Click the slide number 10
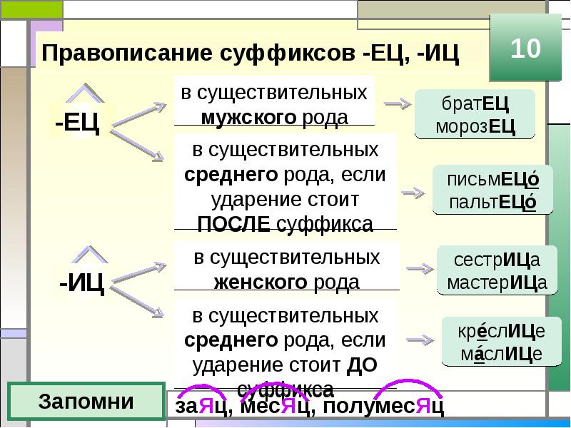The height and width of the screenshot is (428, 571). [525, 48]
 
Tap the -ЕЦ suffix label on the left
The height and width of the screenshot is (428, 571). [77, 122]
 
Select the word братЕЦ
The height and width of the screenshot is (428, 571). [475, 103]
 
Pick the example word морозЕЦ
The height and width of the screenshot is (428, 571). [475, 127]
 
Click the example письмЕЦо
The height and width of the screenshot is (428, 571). [492, 180]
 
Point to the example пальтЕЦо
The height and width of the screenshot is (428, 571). [492, 202]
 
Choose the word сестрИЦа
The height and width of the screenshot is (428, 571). [497, 260]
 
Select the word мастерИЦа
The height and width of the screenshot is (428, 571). [497, 282]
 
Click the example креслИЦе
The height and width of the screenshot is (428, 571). [502, 331]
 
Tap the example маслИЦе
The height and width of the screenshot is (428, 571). [502, 354]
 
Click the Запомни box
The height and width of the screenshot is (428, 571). [86, 401]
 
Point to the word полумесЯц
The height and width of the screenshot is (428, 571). [383, 406]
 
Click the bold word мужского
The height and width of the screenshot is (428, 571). [248, 117]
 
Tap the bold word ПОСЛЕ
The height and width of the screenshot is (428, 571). [234, 224]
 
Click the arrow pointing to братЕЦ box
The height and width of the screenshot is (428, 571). [398, 103]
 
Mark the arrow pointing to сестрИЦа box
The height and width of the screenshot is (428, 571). [420, 269]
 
